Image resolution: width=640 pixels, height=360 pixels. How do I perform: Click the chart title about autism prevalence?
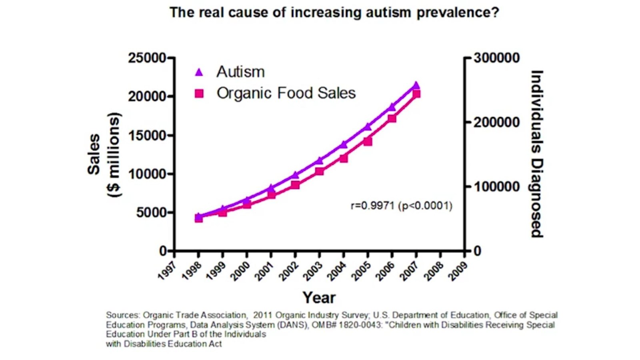(x=334, y=12)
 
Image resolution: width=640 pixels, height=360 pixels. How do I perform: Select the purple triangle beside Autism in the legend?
(x=199, y=72)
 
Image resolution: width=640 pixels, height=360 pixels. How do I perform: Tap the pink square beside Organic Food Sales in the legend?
(x=199, y=94)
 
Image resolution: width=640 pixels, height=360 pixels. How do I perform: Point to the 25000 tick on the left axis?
(x=147, y=58)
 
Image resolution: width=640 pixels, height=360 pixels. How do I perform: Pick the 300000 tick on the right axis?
(x=496, y=58)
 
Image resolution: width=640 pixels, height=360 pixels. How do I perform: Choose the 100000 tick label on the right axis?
(x=496, y=187)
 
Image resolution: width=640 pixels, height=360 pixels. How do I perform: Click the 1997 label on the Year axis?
(x=167, y=271)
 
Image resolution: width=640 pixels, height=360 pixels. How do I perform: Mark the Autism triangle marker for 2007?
(x=416, y=85)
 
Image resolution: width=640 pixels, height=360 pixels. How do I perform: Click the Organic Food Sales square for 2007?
(x=416, y=94)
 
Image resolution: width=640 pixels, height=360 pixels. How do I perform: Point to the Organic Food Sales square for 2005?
(x=368, y=142)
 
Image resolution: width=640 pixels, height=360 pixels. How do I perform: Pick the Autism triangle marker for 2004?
(x=343, y=144)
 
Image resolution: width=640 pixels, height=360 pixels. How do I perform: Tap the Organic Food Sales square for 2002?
(x=295, y=185)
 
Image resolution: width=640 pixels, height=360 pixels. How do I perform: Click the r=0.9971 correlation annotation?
(x=401, y=206)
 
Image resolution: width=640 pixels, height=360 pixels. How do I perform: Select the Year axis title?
(x=319, y=298)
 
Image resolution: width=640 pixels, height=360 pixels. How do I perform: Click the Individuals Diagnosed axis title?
(x=537, y=154)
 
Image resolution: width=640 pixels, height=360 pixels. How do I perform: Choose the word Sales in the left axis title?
(x=94, y=154)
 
